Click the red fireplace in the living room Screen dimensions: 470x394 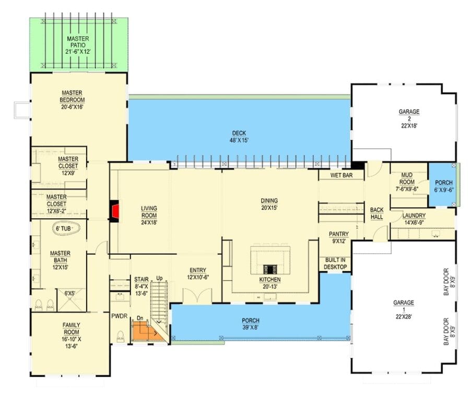pyautogui.click(x=115, y=211)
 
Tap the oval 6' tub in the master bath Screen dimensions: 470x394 pyautogui.click(x=66, y=229)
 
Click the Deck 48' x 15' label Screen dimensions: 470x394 pyautogui.click(x=239, y=137)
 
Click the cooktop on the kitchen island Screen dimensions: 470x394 pyautogui.click(x=271, y=269)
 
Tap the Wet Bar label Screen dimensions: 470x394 pyautogui.click(x=342, y=175)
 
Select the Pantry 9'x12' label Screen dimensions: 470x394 pyautogui.click(x=339, y=237)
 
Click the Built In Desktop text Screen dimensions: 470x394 pyautogui.click(x=335, y=264)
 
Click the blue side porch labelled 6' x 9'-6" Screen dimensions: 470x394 pyautogui.click(x=443, y=184)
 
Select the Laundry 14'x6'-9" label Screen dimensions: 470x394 pyautogui.click(x=414, y=219)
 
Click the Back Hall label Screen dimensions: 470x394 pyautogui.click(x=377, y=213)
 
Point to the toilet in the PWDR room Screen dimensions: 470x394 pyautogui.click(x=121, y=336)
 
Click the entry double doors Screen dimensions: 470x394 pyautogui.click(x=197, y=295)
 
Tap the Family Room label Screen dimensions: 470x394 pyautogui.click(x=72, y=336)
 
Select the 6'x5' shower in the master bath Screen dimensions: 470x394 pyautogui.click(x=72, y=300)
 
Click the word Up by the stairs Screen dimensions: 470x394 pyautogui.click(x=159, y=278)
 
